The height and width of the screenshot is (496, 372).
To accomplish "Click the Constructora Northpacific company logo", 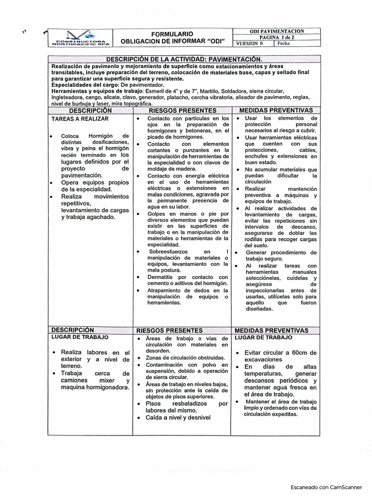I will (81, 38).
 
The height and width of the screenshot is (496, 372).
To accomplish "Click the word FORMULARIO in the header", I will (172, 34).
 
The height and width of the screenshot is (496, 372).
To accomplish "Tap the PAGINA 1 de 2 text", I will (277, 37).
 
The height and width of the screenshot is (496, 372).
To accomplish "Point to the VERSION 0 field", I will (249, 43).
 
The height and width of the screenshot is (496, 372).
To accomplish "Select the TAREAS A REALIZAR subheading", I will (80, 118).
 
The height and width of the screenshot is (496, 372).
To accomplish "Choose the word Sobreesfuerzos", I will (168, 251).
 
